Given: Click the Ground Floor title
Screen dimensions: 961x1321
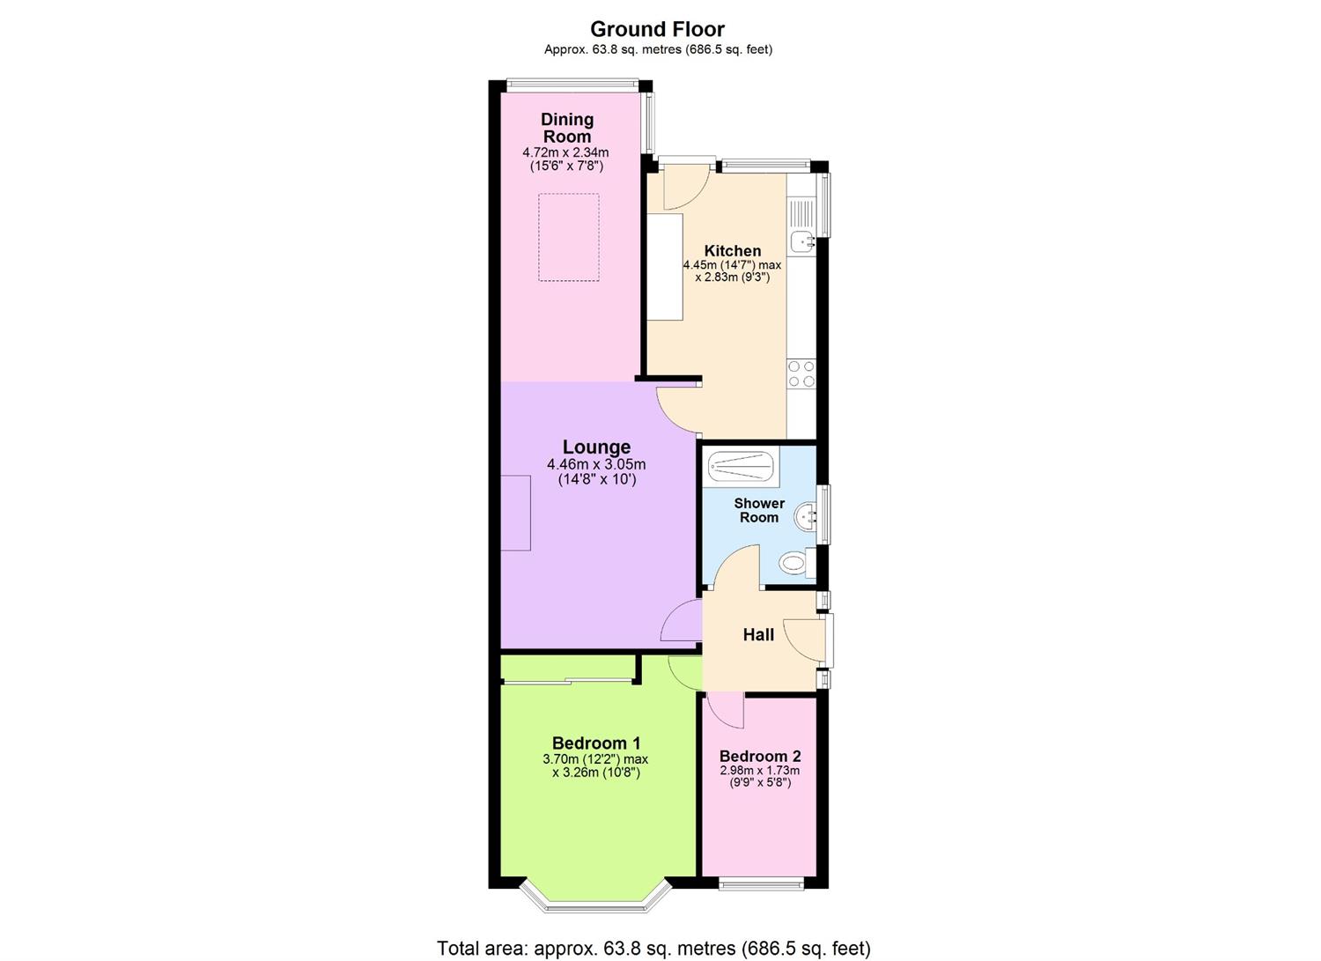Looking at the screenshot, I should click(x=657, y=29).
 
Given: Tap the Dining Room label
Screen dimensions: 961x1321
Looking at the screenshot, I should click(x=566, y=128).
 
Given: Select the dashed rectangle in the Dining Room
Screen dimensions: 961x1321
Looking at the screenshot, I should click(x=569, y=238).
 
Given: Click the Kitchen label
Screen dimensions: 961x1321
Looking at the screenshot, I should click(x=732, y=251).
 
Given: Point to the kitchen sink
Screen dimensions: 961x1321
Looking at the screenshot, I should click(x=801, y=240).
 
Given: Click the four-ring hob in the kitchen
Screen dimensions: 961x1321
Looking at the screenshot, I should click(x=801, y=374).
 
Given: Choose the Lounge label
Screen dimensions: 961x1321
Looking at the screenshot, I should click(x=596, y=447).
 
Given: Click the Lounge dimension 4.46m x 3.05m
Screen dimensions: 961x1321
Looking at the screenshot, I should click(x=596, y=465).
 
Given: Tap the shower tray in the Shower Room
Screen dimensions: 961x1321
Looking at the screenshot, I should click(x=743, y=467).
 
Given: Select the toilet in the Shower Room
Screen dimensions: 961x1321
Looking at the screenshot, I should click(x=798, y=562).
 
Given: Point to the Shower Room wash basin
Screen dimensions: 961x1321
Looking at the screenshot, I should click(x=804, y=517).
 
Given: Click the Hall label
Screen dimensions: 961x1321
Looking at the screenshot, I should click(x=758, y=634).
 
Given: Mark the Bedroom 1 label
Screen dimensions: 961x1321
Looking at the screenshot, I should click(x=595, y=743).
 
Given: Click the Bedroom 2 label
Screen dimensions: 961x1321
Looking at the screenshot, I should click(x=759, y=756).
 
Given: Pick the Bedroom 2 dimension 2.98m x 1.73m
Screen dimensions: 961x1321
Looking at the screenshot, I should click(x=759, y=771).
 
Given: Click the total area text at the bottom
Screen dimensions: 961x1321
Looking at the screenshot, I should click(x=653, y=949).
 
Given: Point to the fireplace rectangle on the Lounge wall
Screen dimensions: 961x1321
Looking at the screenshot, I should click(x=516, y=513).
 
